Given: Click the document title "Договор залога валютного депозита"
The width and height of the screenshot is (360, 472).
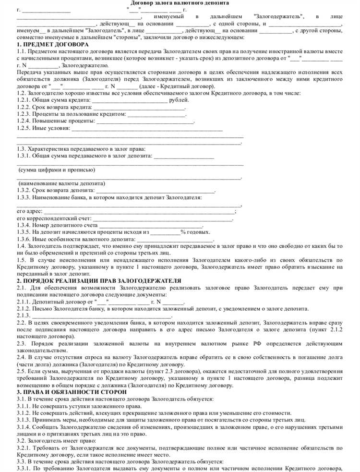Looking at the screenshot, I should coord(180,3).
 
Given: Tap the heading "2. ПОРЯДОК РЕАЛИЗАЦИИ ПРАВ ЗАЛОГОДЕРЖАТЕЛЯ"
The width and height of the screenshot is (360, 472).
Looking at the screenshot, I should coord(98,280).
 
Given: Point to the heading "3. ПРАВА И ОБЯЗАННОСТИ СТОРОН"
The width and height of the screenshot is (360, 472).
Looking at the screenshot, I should coord(72,392).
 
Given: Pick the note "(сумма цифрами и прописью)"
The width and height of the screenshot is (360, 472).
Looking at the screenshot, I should coord(56,170).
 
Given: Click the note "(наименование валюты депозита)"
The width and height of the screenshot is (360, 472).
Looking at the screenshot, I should coord(61,184).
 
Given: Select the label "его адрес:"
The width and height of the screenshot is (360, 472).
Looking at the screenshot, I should coord(29,211).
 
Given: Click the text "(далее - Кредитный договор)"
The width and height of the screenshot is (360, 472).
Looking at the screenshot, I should coord(177,86).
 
